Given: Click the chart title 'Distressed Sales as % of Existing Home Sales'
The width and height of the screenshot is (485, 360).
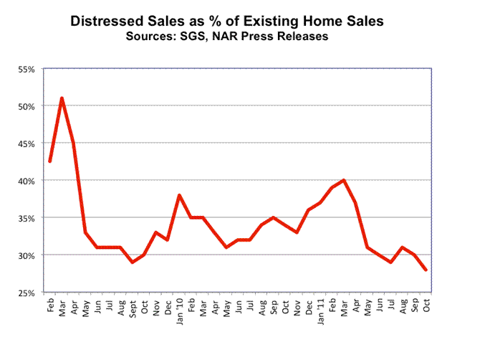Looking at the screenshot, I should (226, 22).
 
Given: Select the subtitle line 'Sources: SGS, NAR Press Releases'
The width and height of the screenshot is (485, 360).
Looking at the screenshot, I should (226, 37).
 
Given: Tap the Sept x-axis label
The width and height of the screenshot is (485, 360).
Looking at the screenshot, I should (132, 307).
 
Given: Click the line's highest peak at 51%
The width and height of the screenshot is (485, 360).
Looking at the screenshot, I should (62, 98).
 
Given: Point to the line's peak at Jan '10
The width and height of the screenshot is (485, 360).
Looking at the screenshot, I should (179, 195).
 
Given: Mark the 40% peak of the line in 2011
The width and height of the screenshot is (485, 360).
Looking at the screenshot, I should (344, 180).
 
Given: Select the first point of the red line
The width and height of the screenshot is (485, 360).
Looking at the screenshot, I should (50, 161).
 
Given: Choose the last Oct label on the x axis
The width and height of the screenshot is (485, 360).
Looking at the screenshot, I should (426, 305).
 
